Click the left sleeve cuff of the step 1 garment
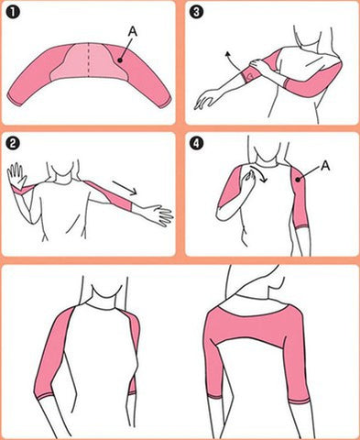coord(18,96)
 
